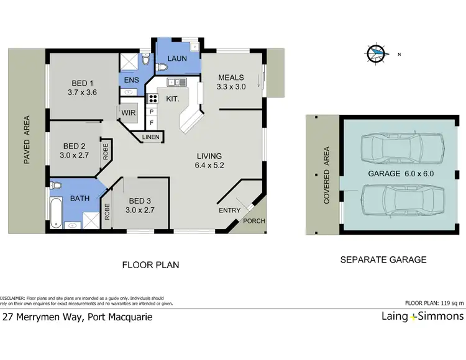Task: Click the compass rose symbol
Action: click(x=376, y=54)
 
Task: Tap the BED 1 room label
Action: click(x=82, y=83)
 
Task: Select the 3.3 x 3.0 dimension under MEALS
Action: click(x=231, y=87)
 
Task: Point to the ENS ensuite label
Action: click(x=132, y=79)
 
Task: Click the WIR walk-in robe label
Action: click(x=129, y=113)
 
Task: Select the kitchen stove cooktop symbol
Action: click(x=152, y=97)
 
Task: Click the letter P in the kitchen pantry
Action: click(x=150, y=112)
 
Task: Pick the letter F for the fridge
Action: click(x=150, y=123)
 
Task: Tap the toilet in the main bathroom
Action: click(x=57, y=186)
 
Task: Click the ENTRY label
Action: click(x=229, y=210)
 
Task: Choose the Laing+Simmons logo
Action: click(x=422, y=317)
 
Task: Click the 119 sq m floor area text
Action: click(x=450, y=304)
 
